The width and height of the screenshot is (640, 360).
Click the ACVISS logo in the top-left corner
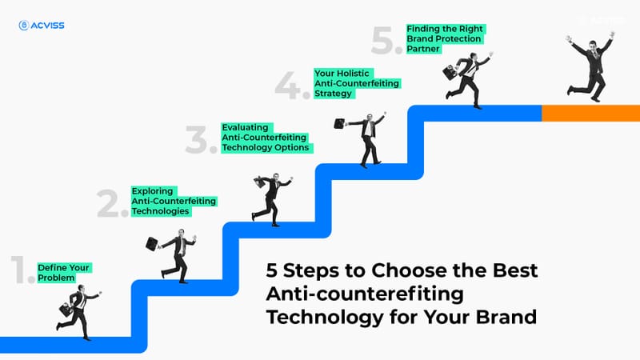coord(41,26)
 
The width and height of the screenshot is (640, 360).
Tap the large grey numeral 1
coord(22,272)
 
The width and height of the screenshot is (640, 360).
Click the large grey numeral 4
coord(290,84)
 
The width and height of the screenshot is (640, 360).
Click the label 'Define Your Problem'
coord(64,272)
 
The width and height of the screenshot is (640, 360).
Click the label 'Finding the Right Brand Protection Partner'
coord(445,38)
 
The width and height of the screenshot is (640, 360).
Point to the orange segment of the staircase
coord(590,113)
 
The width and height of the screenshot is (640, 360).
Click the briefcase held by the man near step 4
coord(339,123)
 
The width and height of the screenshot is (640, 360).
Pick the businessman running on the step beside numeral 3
coord(270,198)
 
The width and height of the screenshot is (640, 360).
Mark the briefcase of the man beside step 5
coord(450,72)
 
